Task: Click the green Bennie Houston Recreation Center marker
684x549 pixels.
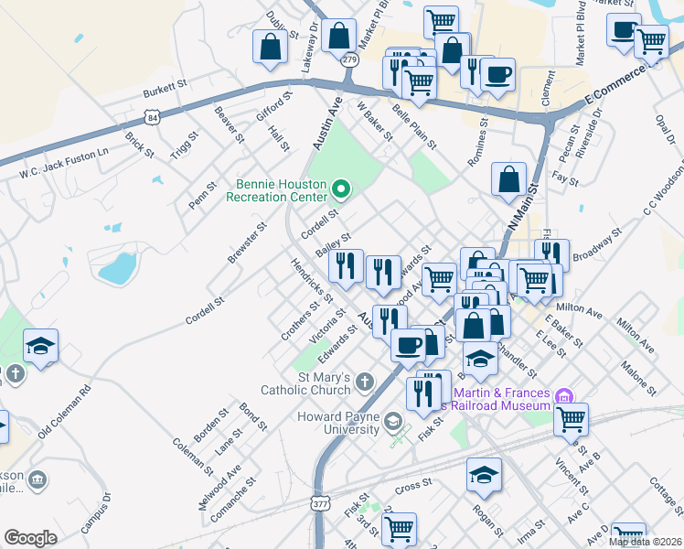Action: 342,189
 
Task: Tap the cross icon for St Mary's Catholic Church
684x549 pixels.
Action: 364,381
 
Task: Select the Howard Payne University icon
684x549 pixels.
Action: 392,422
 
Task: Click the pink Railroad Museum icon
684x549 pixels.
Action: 564,395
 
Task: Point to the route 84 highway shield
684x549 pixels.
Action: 151,116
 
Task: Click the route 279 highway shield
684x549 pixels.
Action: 348,59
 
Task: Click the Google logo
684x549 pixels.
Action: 30,538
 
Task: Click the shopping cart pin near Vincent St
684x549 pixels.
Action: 571,420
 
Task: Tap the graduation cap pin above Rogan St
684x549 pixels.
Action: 484,475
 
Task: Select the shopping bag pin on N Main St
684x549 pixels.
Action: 508,180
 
